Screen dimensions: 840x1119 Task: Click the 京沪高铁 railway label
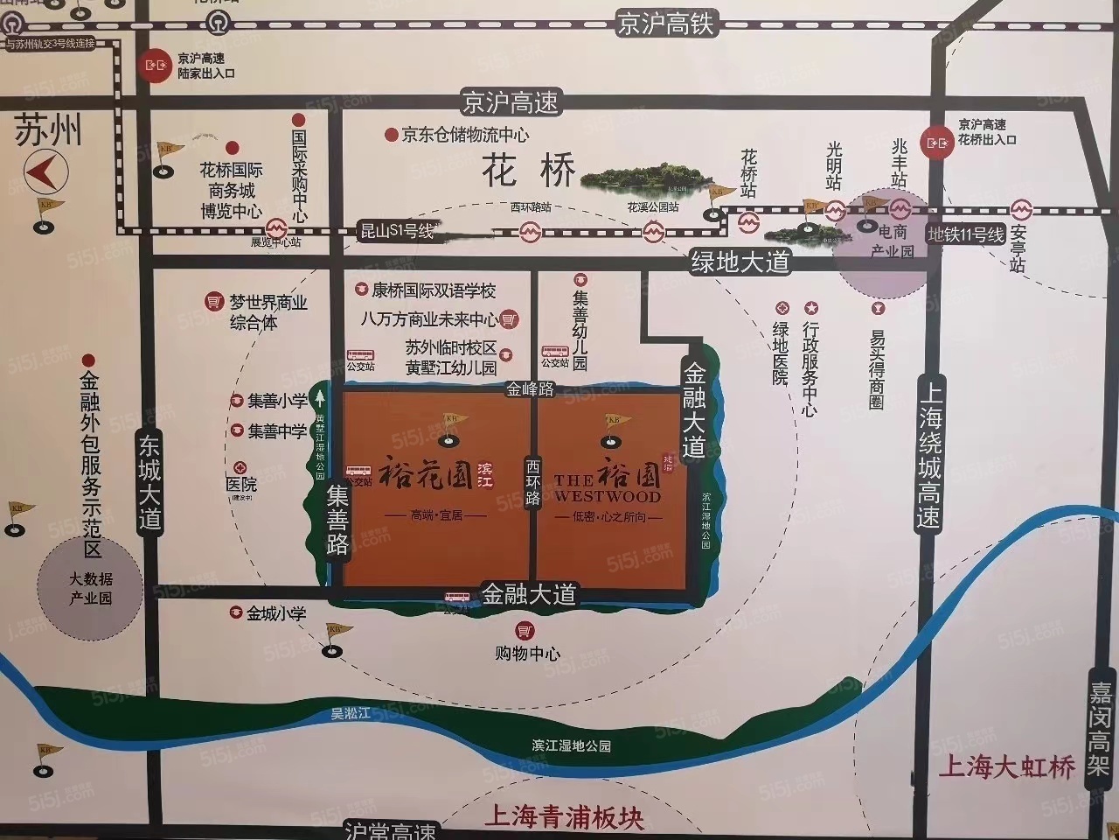[x=666, y=23]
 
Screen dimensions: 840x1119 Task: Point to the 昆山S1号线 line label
[x=398, y=232]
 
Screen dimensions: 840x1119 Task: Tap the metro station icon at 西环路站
[x=530, y=232]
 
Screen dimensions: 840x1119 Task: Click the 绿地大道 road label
[x=740, y=262]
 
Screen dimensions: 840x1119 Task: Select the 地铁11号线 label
[x=966, y=234]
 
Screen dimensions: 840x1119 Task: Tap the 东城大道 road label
[x=150, y=482]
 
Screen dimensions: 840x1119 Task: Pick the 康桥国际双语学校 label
[x=434, y=290]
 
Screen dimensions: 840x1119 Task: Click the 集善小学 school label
[x=277, y=401]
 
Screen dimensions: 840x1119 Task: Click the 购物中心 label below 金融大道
[x=527, y=653]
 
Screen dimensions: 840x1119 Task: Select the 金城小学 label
[x=276, y=613]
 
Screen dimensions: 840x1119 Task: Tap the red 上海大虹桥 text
[x=1005, y=768]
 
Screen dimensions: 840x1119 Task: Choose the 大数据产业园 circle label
[x=91, y=589]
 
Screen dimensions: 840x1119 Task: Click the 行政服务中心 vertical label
[x=810, y=368]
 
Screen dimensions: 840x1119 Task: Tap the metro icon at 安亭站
[x=1020, y=210]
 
